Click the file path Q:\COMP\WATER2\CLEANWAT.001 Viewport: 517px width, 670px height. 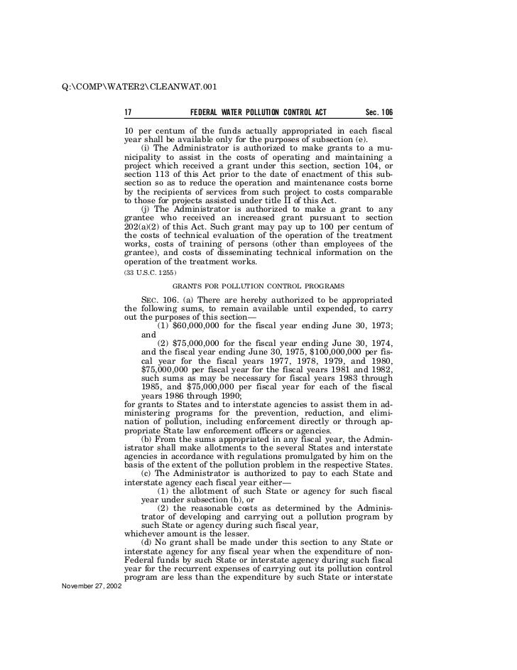[135, 87]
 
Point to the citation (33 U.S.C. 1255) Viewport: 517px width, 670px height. [146, 272]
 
